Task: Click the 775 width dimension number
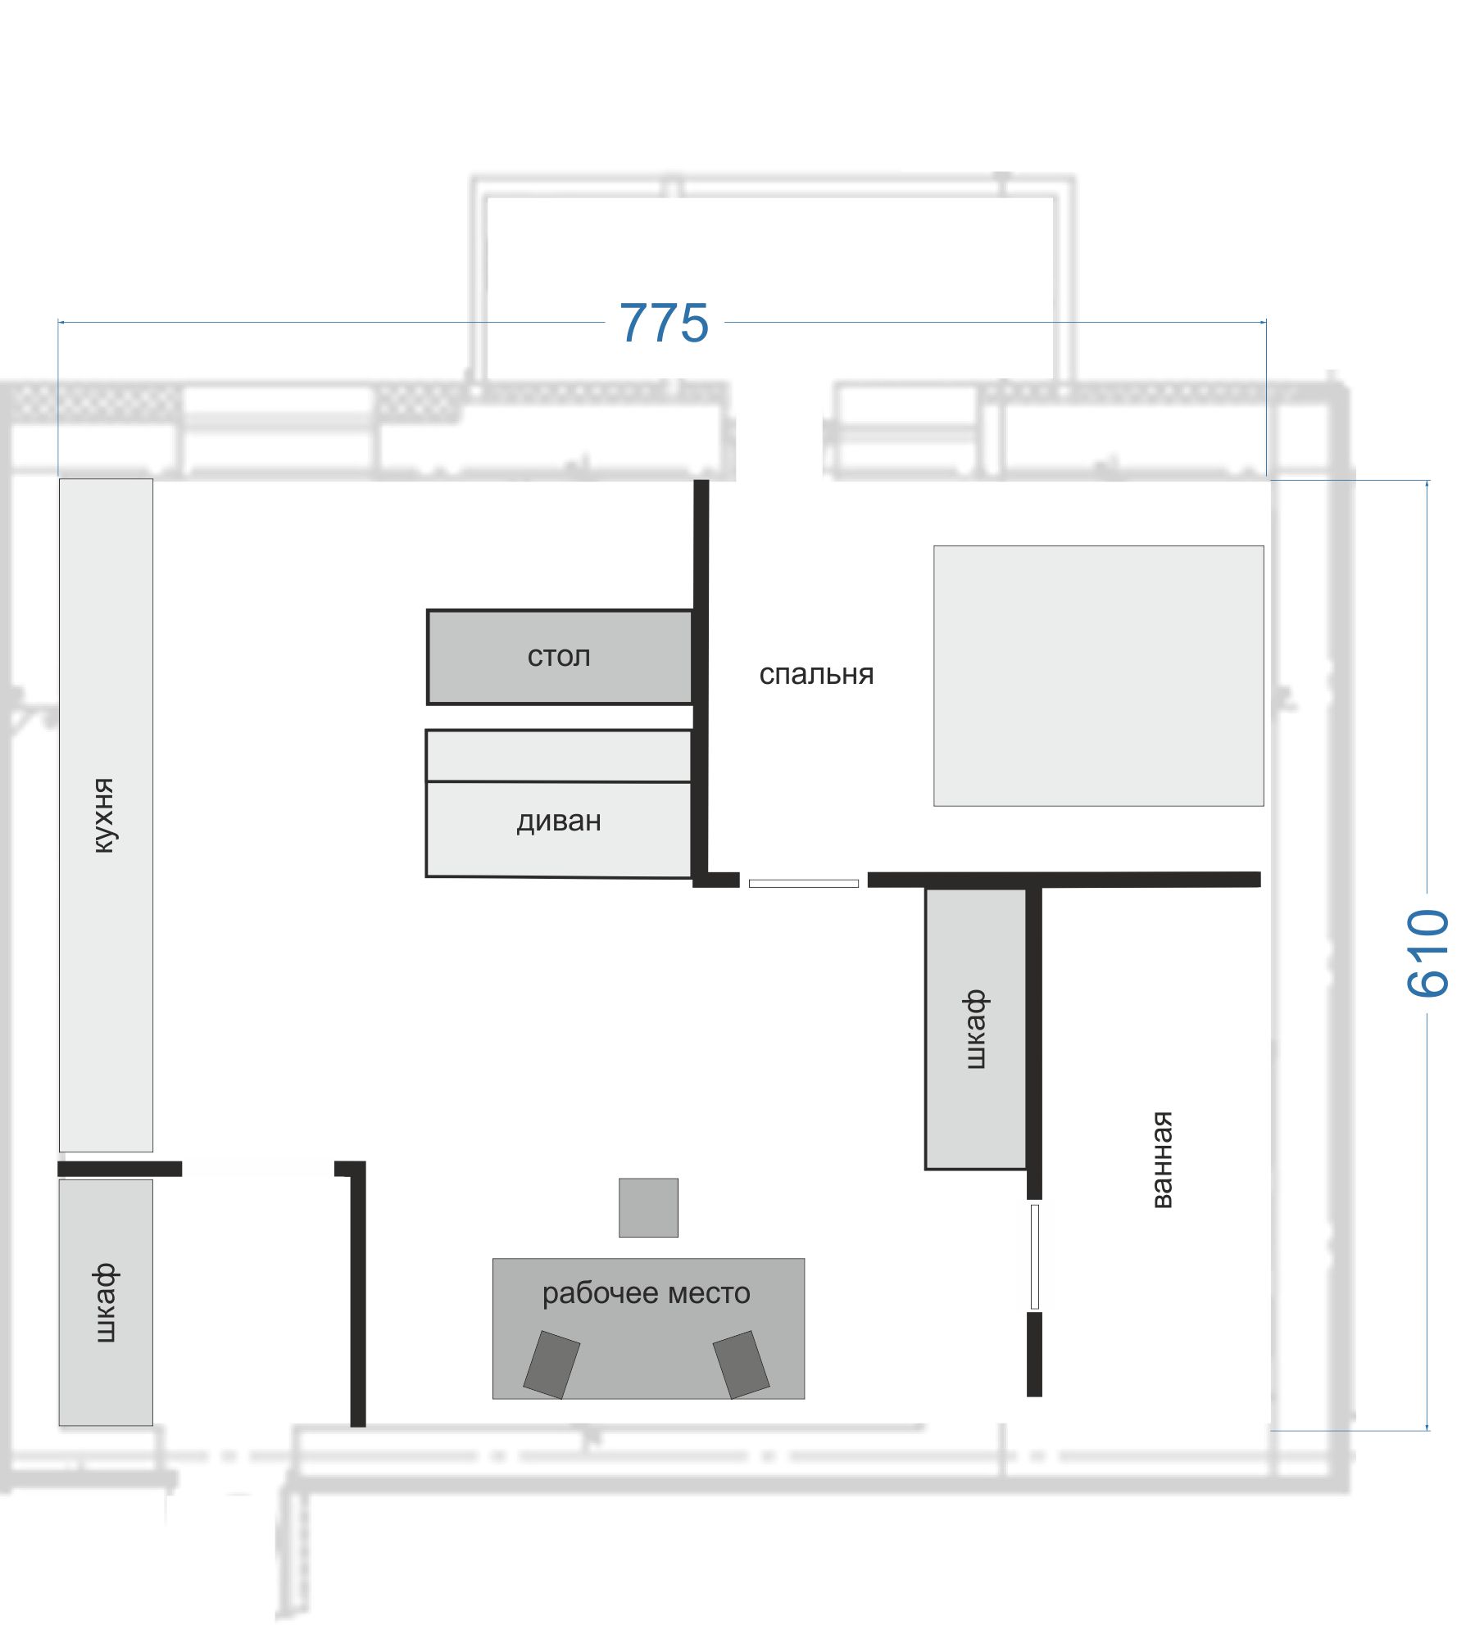pyautogui.click(x=664, y=323)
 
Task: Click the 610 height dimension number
pyautogui.click(x=1428, y=953)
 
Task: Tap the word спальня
pyautogui.click(x=816, y=674)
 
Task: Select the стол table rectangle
pyautogui.click(x=560, y=657)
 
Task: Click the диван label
pyautogui.click(x=559, y=821)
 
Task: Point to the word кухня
pyautogui.click(x=104, y=816)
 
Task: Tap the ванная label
pyautogui.click(x=1162, y=1159)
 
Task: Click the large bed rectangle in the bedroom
pyautogui.click(x=1099, y=676)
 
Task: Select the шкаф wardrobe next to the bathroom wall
pyautogui.click(x=976, y=1029)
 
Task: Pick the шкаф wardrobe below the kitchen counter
pyautogui.click(x=106, y=1302)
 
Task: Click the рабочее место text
pyautogui.click(x=647, y=1293)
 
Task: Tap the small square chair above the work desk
pyautogui.click(x=648, y=1207)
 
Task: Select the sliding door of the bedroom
pyautogui.click(x=804, y=883)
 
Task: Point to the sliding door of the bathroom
pyautogui.click(x=1035, y=1256)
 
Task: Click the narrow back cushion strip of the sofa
pyautogui.click(x=559, y=756)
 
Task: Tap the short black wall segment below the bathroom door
pyautogui.click(x=1034, y=1355)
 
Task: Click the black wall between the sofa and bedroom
pyautogui.click(x=701, y=680)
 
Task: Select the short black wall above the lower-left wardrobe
pyautogui.click(x=120, y=1169)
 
